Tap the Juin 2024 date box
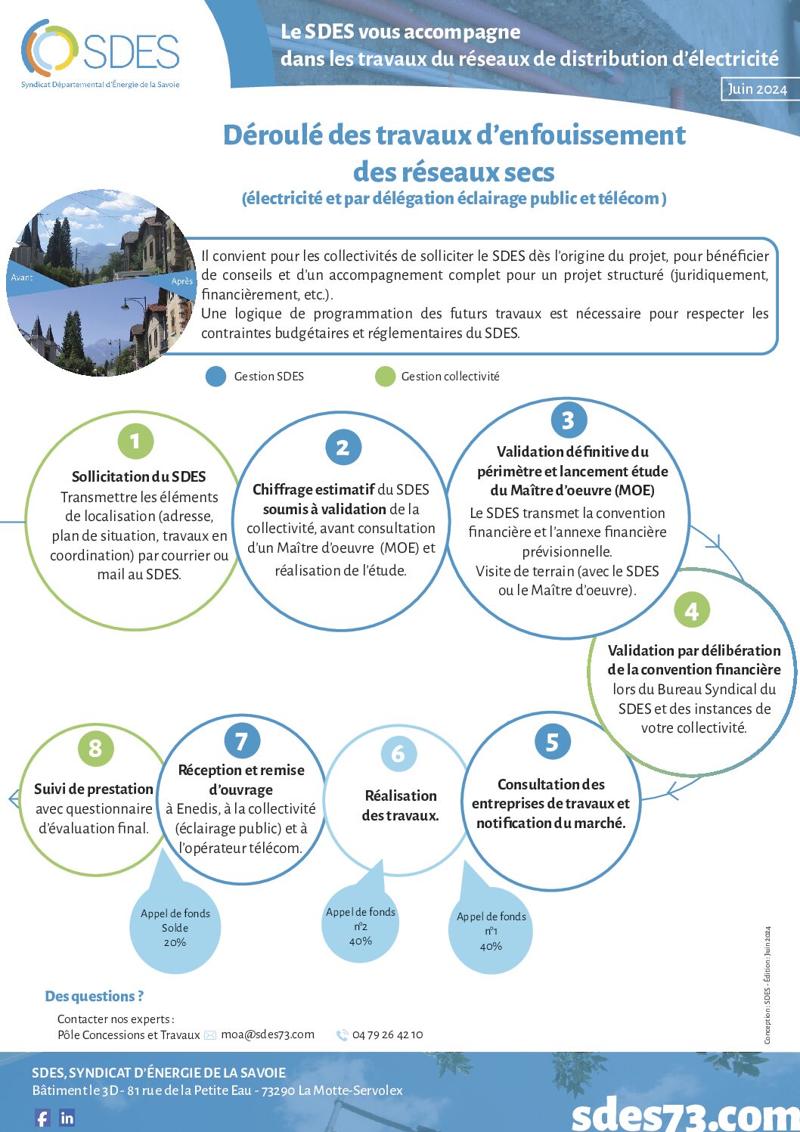pyautogui.click(x=757, y=89)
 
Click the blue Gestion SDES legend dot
pyautogui.click(x=216, y=377)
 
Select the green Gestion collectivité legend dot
pyautogui.click(x=386, y=377)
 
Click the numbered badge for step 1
pyautogui.click(x=135, y=442)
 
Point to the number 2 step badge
pyautogui.click(x=343, y=448)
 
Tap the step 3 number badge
pyautogui.click(x=568, y=420)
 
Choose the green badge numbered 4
pyautogui.click(x=691, y=610)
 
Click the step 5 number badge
pyautogui.click(x=552, y=743)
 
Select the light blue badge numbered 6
pyautogui.click(x=398, y=753)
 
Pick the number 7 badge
pyautogui.click(x=242, y=741)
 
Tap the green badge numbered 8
pyautogui.click(x=95, y=749)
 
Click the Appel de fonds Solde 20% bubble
pyautogui.click(x=175, y=928)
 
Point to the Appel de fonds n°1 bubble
pyautogui.click(x=491, y=931)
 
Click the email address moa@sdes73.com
pyautogui.click(x=268, y=1034)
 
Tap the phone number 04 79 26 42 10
pyautogui.click(x=387, y=1034)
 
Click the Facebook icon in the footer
pyautogui.click(x=42, y=1118)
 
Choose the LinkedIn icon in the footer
pyautogui.click(x=67, y=1118)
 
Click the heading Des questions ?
pyautogui.click(x=95, y=997)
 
